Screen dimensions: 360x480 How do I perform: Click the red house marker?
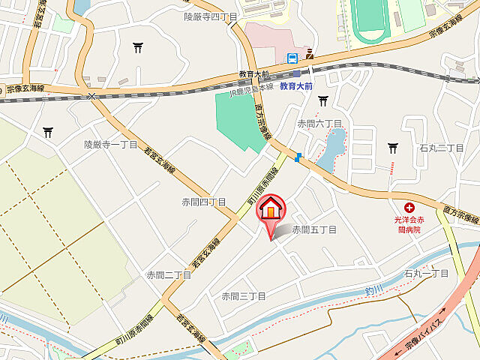[x=271, y=209]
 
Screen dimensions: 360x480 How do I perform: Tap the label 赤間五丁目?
[x=314, y=229]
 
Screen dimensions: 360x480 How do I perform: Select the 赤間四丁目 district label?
[x=203, y=202]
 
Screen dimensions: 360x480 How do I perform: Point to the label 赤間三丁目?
[x=244, y=296]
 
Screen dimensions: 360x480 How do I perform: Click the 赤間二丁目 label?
[x=169, y=275]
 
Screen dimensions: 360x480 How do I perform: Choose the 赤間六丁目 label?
[x=319, y=123]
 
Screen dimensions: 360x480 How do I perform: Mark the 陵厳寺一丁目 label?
[x=110, y=144]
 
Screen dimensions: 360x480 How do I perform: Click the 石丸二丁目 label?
[x=442, y=148]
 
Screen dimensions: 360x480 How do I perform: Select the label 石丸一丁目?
[x=426, y=274]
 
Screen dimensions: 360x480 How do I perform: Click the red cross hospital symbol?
[x=409, y=208]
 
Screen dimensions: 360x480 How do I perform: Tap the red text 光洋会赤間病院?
[x=408, y=225]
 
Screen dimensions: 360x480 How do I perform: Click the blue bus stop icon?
[x=292, y=57]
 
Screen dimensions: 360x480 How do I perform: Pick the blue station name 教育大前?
[x=295, y=87]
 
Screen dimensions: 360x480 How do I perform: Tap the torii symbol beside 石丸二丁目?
[x=393, y=148]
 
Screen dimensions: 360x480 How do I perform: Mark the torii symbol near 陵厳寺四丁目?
[x=138, y=49]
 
